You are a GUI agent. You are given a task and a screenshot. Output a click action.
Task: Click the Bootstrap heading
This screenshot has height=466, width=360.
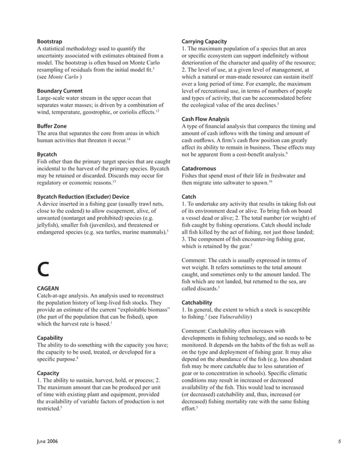(49, 42)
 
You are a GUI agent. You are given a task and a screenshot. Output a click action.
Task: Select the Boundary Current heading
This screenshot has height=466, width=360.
(60, 90)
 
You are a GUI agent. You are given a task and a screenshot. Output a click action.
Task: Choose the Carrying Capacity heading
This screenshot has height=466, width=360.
(204, 42)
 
